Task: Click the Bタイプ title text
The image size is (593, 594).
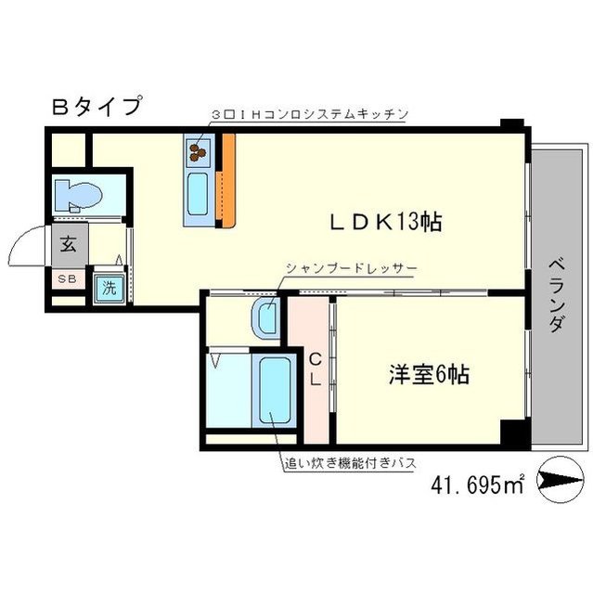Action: click(96, 106)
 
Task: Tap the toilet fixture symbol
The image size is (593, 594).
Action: click(76, 196)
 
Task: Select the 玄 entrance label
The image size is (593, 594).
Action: click(70, 246)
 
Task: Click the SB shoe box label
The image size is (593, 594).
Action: click(69, 279)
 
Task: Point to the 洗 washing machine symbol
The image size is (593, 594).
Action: click(110, 287)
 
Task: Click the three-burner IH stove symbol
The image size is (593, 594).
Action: click(198, 148)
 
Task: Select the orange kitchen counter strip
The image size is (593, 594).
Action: click(226, 181)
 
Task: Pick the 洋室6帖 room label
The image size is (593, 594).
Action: click(427, 375)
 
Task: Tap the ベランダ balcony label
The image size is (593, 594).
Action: click(556, 294)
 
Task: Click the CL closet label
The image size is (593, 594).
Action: click(315, 368)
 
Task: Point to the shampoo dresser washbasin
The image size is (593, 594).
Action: click(264, 316)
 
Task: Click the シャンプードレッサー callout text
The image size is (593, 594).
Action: click(351, 268)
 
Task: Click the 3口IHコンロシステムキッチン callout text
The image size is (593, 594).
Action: click(310, 113)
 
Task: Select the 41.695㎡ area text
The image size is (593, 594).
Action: click(478, 483)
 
